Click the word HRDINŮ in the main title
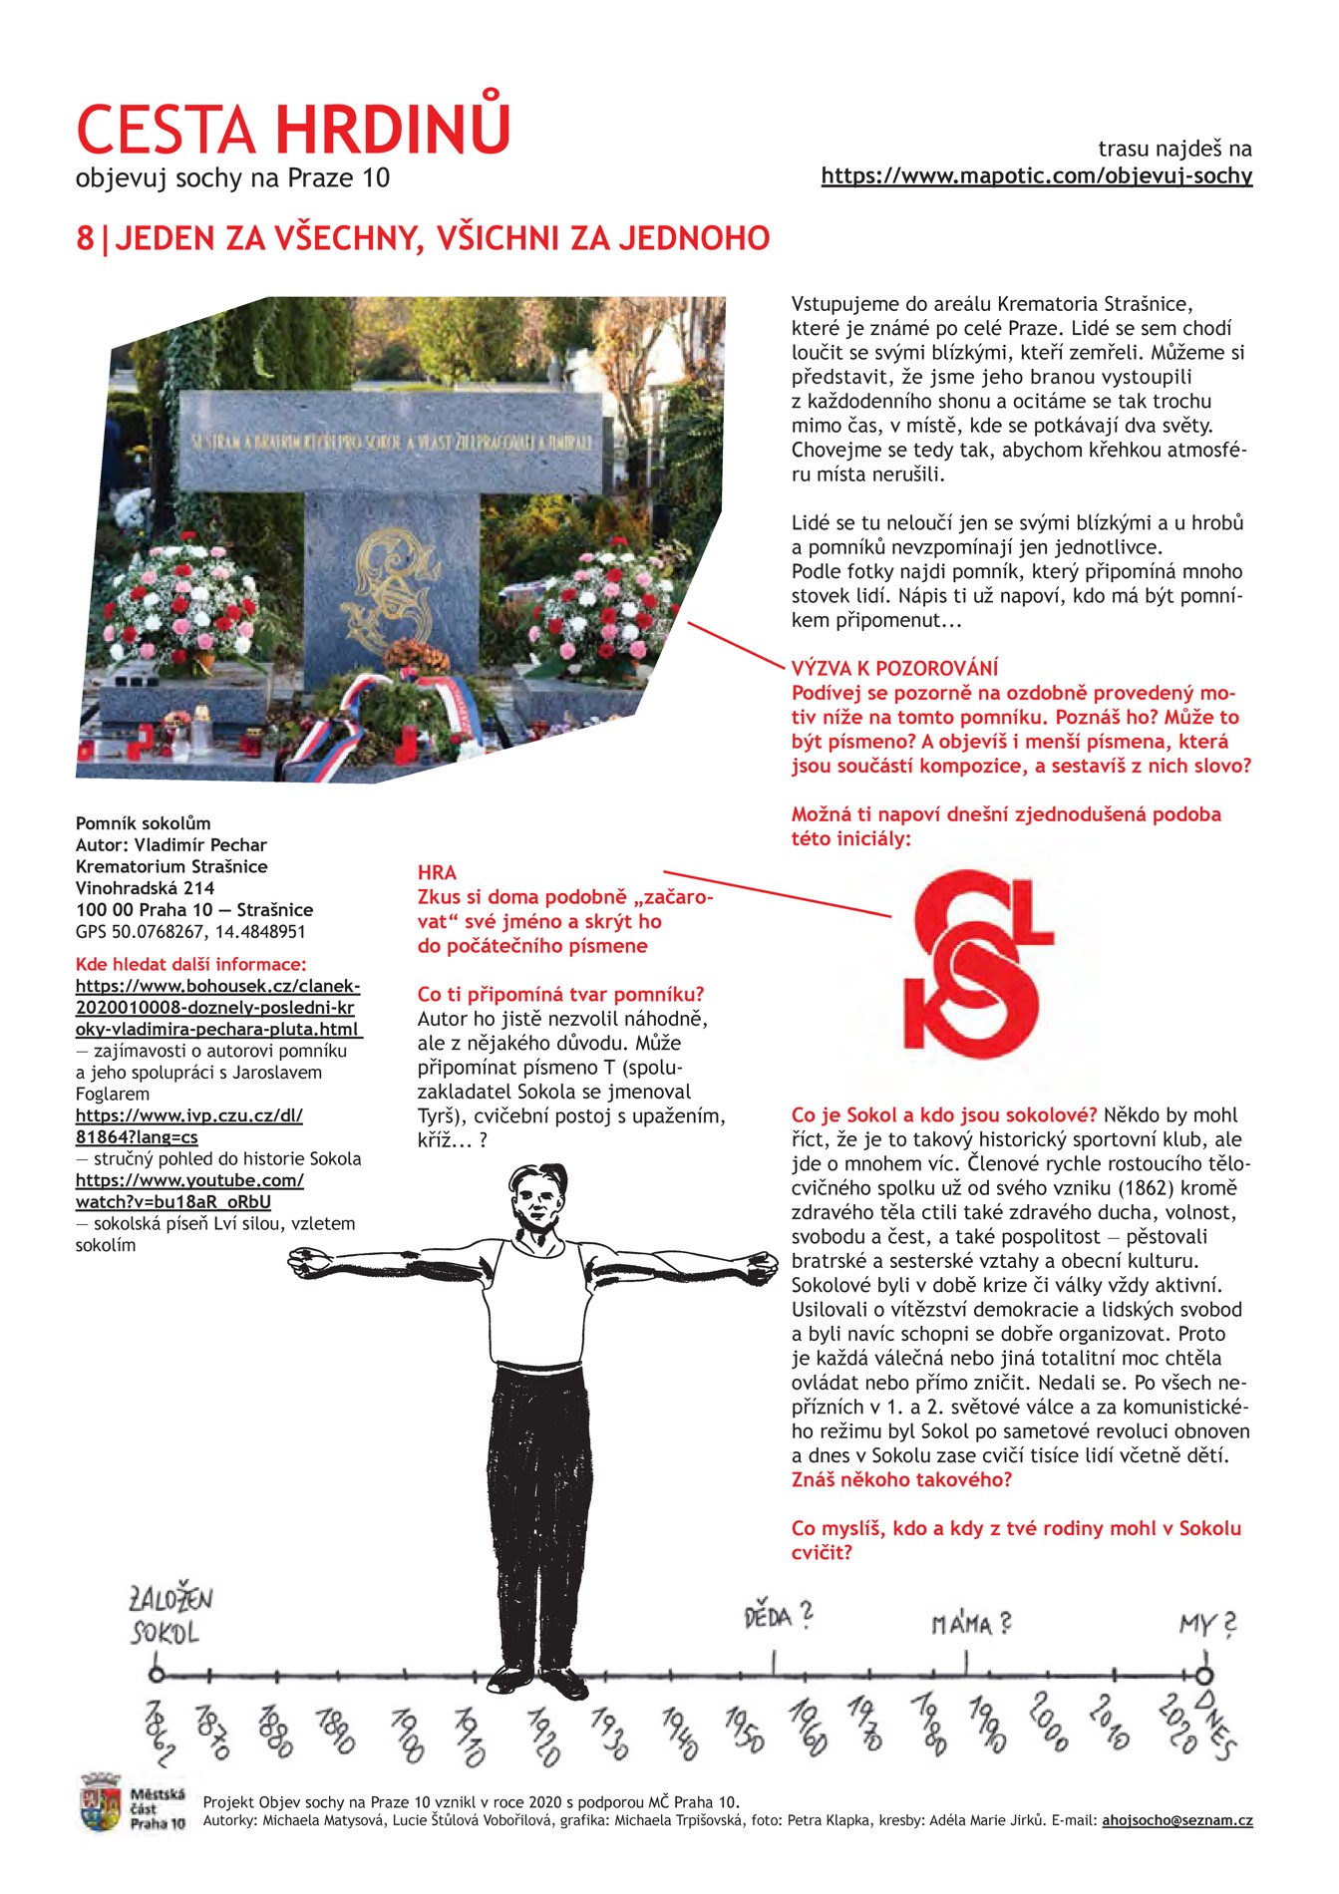point(393,129)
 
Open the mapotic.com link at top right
point(1036,176)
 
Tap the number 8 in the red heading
point(85,239)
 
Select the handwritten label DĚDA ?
point(778,1616)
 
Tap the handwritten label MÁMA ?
point(970,1624)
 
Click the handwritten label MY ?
point(1207,1624)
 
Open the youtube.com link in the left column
point(189,1191)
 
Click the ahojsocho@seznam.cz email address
point(1176,1821)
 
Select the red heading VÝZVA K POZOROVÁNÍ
point(894,669)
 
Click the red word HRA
point(437,873)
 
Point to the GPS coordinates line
point(190,932)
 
